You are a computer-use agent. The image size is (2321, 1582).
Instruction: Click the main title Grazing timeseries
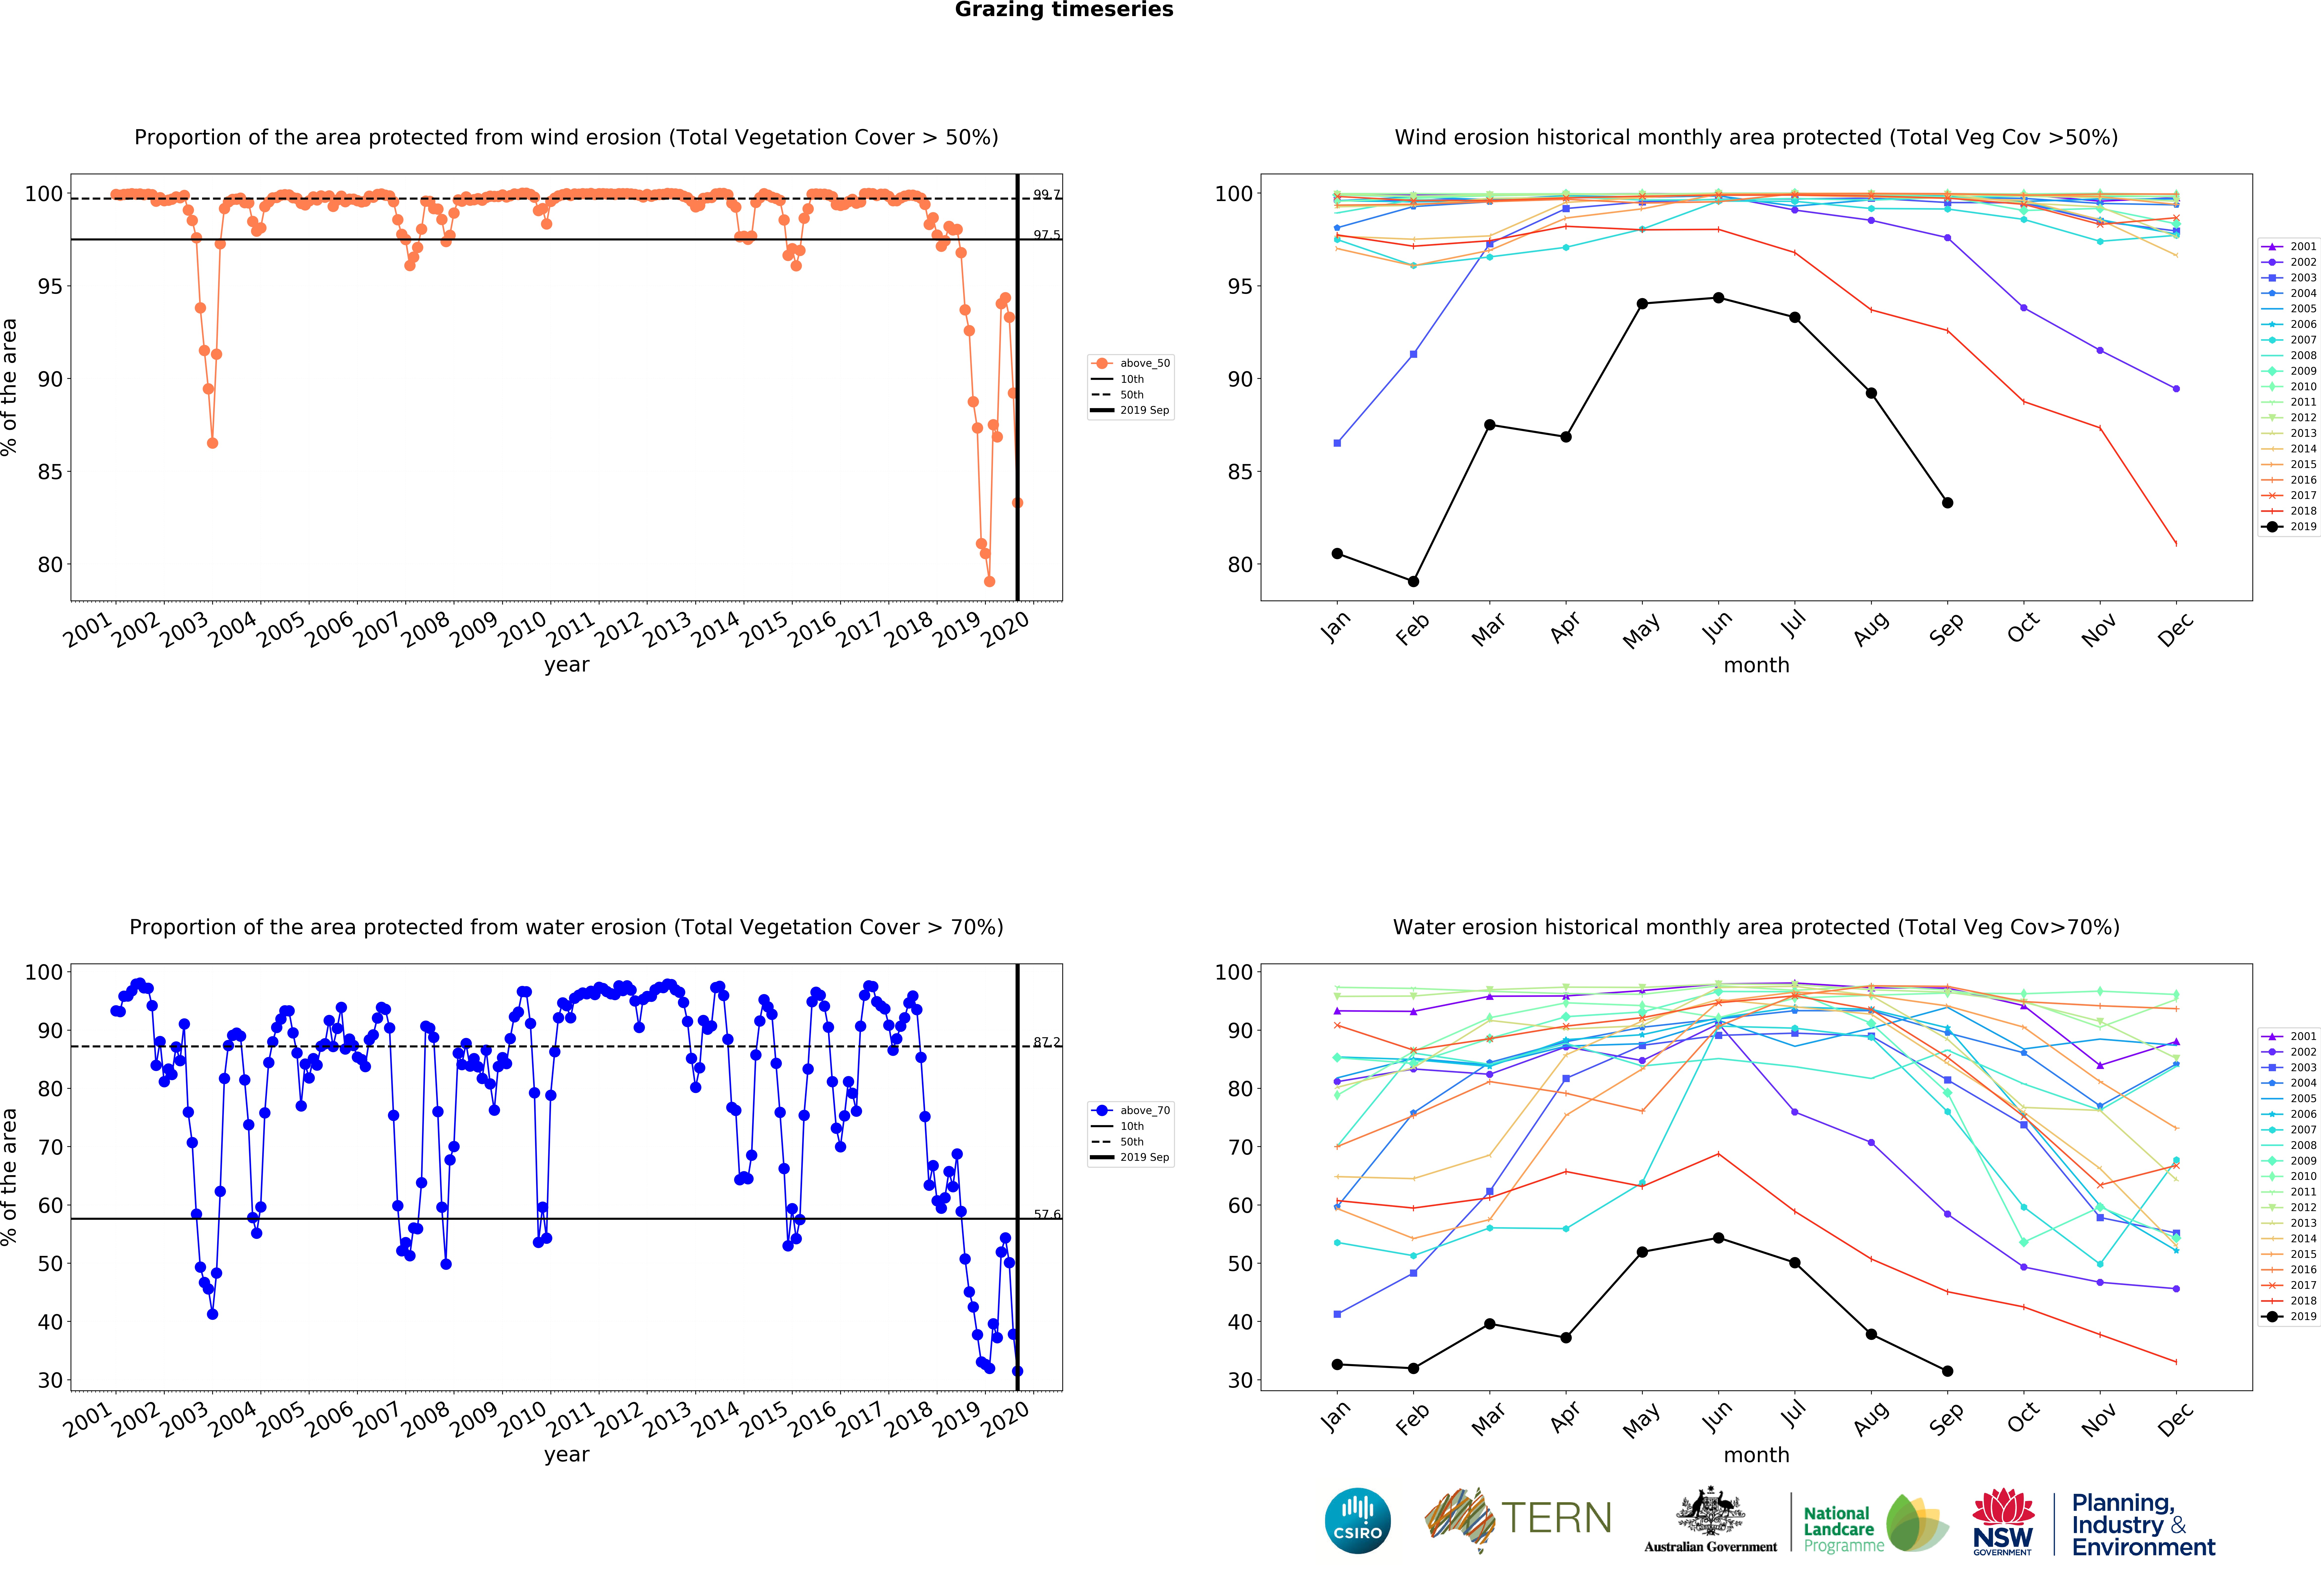point(1064,10)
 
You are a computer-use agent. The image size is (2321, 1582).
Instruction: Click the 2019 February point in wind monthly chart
point(1413,581)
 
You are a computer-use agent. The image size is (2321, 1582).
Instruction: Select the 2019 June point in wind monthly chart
point(1718,298)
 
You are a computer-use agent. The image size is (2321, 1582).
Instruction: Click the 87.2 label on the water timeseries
point(1047,1042)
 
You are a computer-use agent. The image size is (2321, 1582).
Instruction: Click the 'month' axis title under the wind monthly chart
point(1756,665)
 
